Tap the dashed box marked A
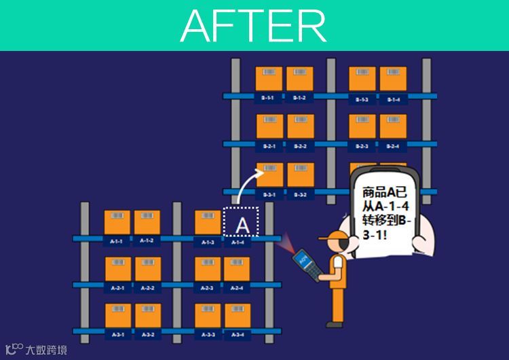[x=242, y=223]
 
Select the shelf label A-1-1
[x=116, y=241]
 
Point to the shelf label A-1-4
[x=237, y=242]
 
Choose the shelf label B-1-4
[x=393, y=99]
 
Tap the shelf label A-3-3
[x=207, y=334]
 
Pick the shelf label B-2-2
[x=299, y=146]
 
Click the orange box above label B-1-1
[x=269, y=79]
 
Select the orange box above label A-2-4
[x=237, y=269]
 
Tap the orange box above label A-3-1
[x=117, y=316]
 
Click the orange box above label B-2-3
[x=362, y=126]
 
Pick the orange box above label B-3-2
[x=300, y=175]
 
